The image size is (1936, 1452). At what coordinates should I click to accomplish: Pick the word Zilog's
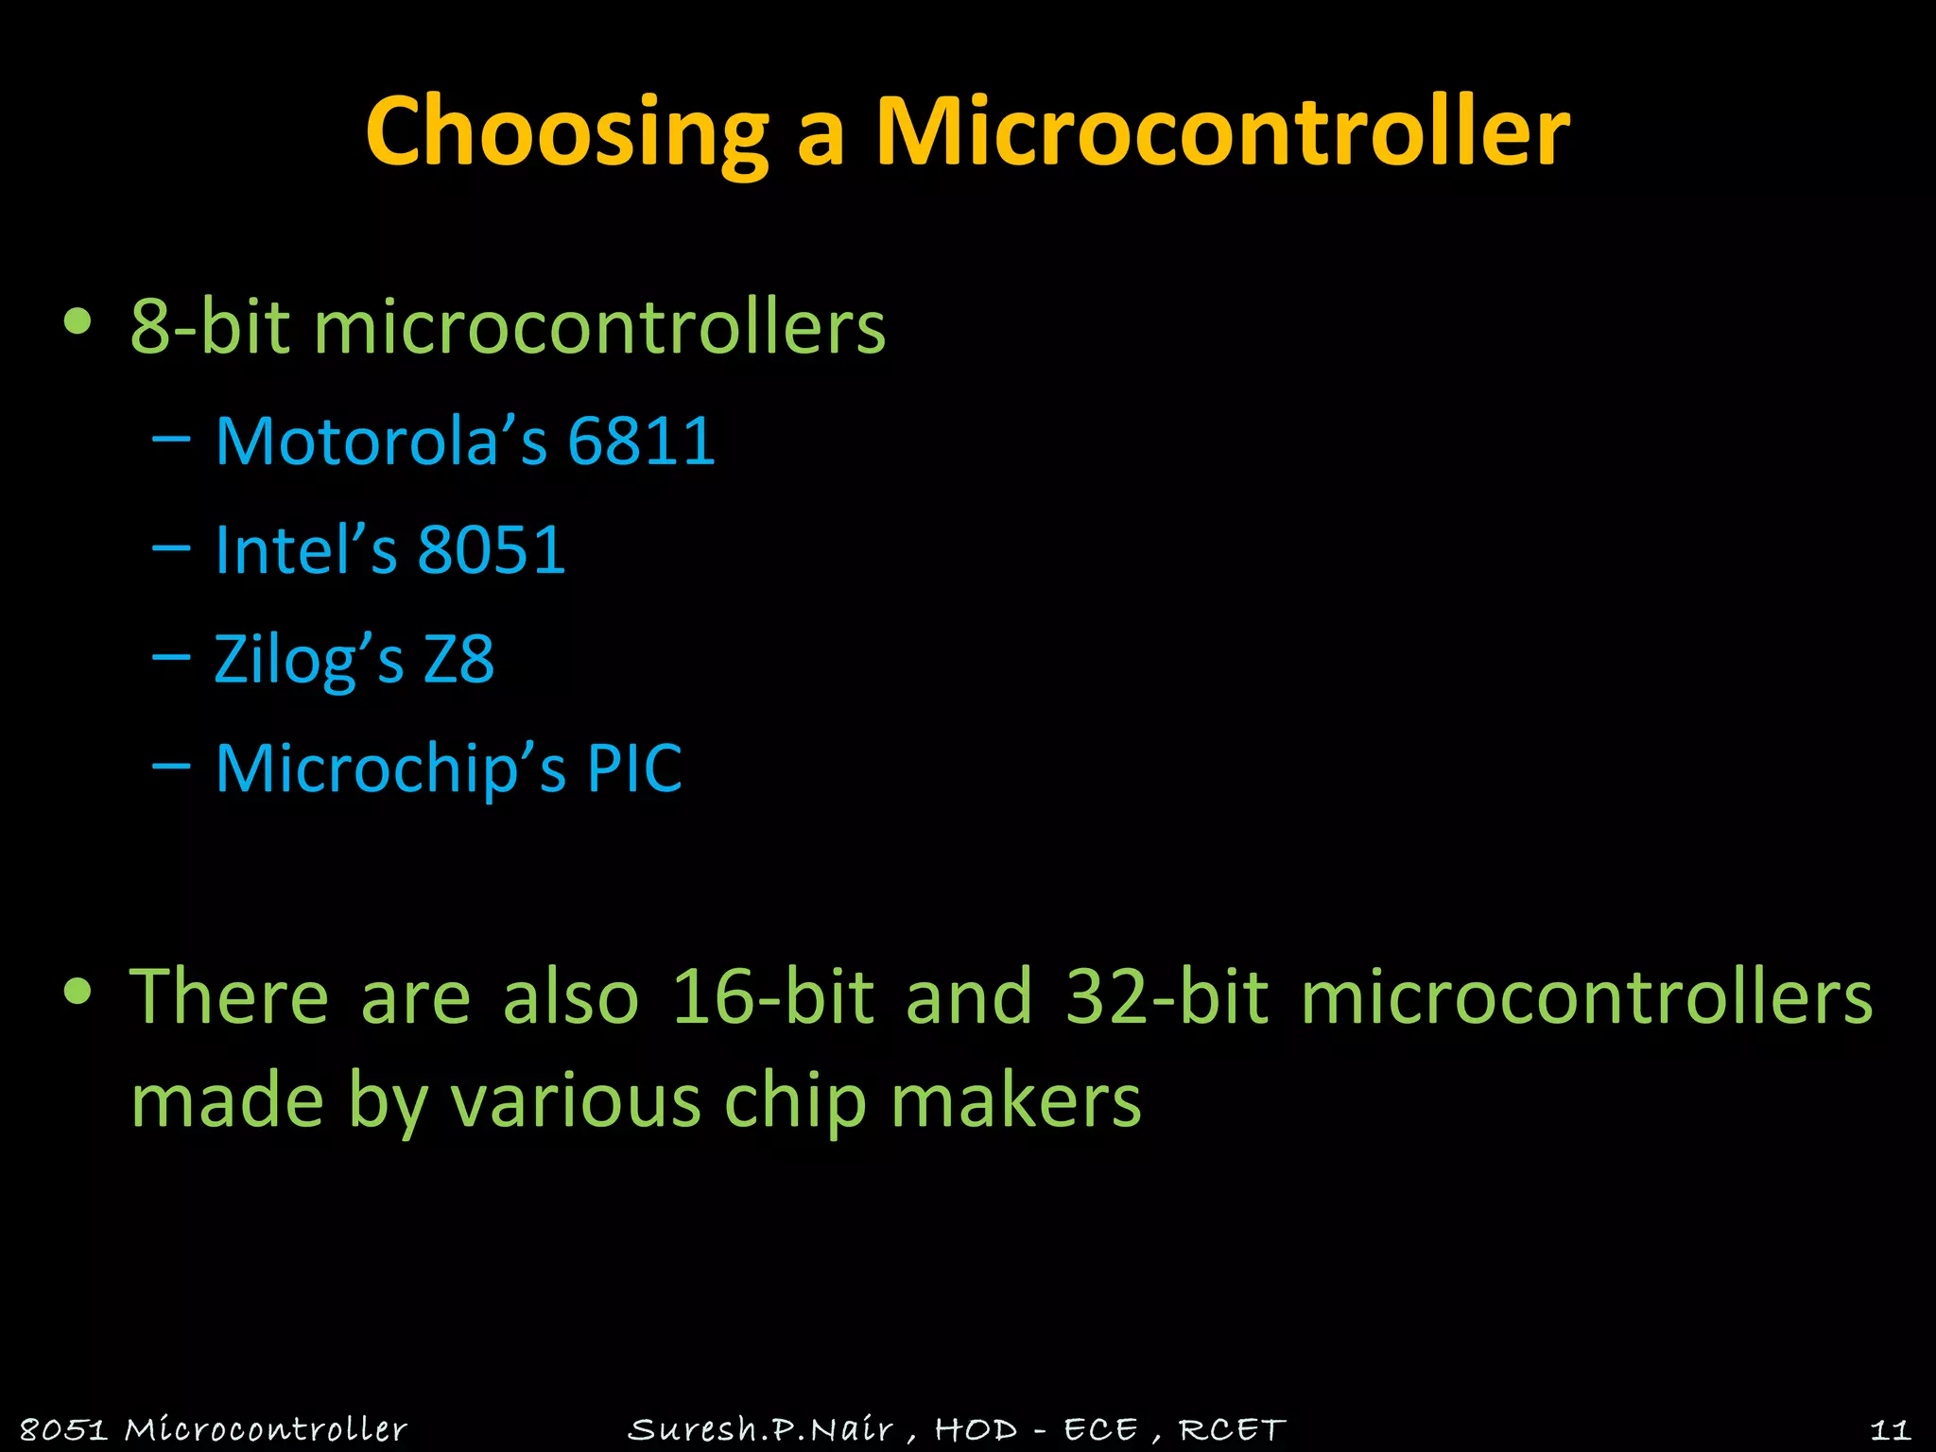pos(308,659)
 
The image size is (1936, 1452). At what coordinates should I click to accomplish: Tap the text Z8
pos(458,659)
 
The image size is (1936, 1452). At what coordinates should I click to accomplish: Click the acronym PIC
pos(634,768)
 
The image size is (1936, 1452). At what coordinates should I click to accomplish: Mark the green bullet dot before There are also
pos(78,992)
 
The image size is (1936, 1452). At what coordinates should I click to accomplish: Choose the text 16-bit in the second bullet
pos(771,996)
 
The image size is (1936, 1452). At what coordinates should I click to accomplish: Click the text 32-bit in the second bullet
pos(1166,996)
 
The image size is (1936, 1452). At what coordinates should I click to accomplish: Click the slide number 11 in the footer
pos(1890,1428)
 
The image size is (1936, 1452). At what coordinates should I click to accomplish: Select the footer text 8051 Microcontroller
pos(214,1428)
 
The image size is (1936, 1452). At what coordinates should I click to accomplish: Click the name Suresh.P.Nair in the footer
pos(761,1428)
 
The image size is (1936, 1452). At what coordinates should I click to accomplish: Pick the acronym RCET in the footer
pos(1232,1428)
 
